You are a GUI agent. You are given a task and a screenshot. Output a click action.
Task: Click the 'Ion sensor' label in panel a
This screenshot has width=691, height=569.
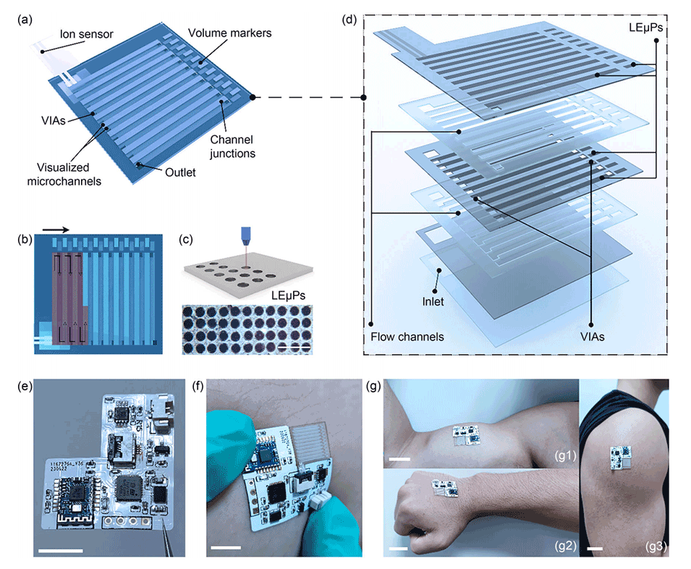(x=86, y=34)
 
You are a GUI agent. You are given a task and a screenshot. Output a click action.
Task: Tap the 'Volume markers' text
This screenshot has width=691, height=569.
(x=229, y=33)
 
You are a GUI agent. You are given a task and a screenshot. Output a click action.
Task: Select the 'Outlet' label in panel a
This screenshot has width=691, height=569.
(x=180, y=172)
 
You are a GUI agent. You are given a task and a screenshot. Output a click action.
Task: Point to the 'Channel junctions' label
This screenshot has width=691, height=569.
(x=232, y=146)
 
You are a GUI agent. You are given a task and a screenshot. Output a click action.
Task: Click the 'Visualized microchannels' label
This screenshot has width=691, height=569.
(x=64, y=174)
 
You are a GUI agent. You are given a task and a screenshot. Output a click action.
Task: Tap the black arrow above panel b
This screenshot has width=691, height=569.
(x=56, y=229)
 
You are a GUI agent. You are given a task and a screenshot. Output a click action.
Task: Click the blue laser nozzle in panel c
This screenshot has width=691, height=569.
(x=245, y=236)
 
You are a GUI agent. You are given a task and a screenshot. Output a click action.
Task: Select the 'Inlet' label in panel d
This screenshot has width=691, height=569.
(x=433, y=301)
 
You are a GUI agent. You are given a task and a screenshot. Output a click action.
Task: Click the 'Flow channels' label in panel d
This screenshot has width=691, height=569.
(x=407, y=337)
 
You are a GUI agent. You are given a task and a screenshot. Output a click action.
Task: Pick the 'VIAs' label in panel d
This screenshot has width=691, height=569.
(x=593, y=337)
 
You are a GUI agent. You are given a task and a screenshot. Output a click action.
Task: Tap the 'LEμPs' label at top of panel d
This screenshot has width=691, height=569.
(x=645, y=28)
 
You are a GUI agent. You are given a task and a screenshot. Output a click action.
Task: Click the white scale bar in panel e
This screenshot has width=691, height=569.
(x=60, y=550)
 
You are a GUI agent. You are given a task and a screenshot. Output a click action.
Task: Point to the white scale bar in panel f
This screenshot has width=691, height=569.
(x=226, y=548)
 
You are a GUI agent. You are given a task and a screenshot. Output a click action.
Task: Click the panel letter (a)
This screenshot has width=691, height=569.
(x=25, y=20)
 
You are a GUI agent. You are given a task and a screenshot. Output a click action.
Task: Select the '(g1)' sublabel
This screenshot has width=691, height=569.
(x=565, y=455)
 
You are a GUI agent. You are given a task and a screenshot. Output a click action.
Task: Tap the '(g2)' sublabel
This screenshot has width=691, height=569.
(x=565, y=546)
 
